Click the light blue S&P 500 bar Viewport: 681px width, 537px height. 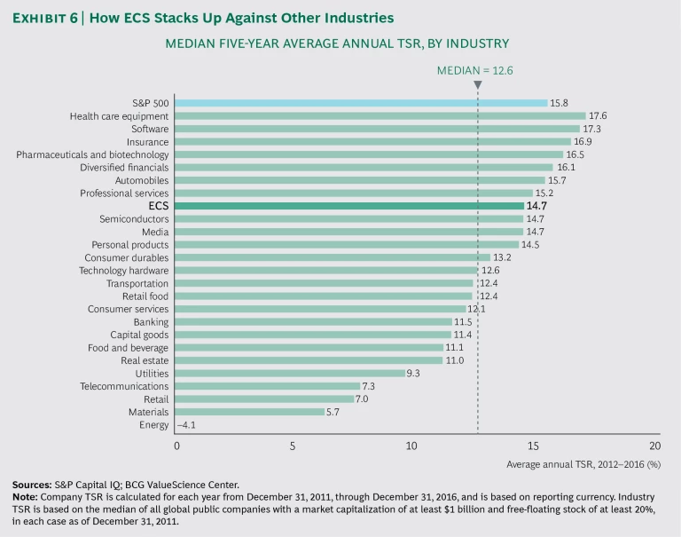[361, 103]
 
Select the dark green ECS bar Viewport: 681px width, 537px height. [349, 206]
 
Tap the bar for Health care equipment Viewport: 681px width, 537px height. [380, 115]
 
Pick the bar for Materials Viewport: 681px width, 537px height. [250, 412]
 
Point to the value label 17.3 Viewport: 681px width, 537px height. [594, 129]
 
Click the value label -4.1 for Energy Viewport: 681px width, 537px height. [189, 425]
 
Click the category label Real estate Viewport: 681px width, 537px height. [145, 360]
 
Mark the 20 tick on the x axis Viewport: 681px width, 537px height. [654, 445]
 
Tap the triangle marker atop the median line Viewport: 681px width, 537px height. [477, 85]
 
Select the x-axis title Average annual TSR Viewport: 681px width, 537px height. [583, 463]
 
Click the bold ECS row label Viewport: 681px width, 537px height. [159, 206]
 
